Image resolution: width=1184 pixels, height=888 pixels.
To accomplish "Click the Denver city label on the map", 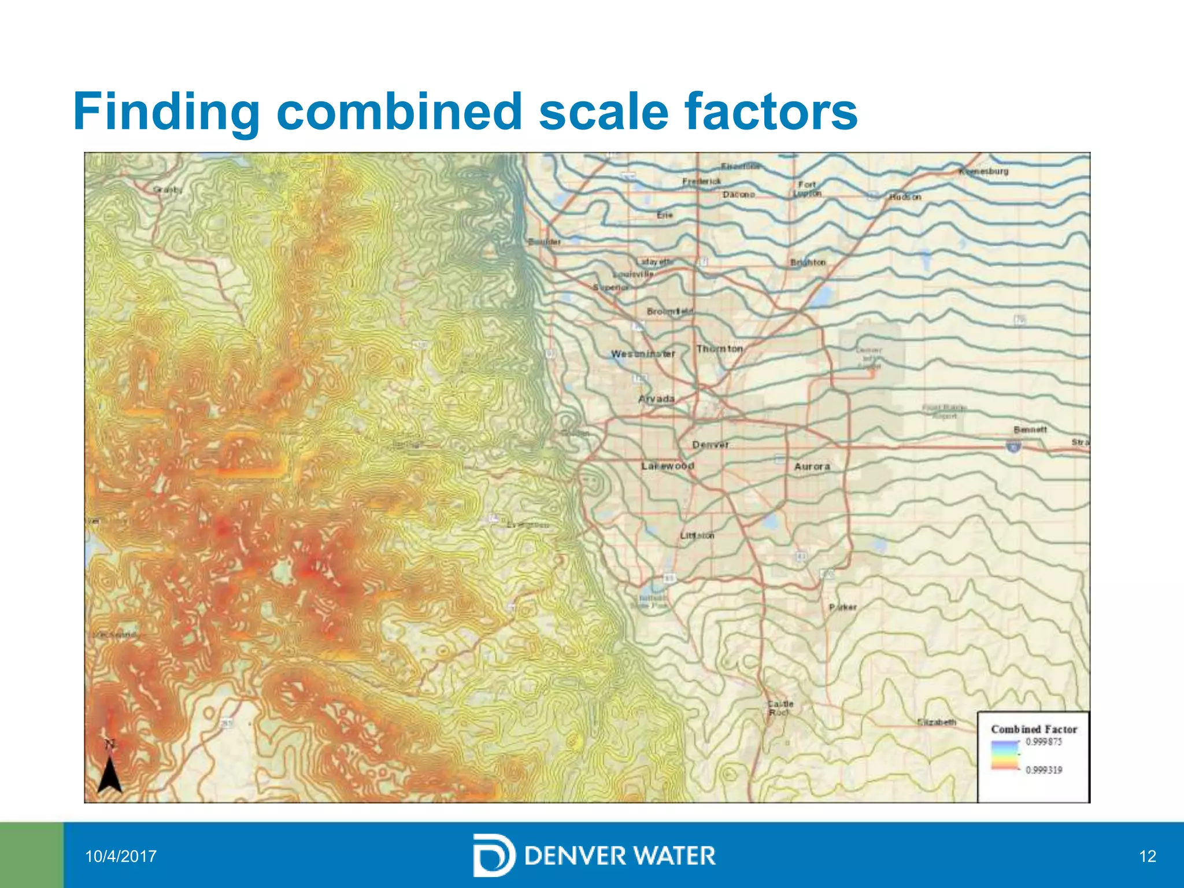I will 711,445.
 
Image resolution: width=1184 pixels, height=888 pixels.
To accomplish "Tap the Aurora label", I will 812,467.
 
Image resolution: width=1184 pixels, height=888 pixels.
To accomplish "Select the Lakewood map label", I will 668,466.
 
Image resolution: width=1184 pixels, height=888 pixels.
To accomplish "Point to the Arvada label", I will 657,399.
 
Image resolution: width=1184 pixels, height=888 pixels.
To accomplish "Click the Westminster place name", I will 643,354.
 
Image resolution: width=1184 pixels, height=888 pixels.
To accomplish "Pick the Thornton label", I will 719,349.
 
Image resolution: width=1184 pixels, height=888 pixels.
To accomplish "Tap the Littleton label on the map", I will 697,536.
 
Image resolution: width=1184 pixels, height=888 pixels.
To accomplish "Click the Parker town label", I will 842,608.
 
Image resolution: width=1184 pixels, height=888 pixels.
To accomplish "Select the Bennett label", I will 1030,430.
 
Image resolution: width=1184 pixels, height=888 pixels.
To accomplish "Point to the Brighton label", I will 808,262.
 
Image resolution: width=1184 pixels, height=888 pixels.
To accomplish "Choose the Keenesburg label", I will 984,171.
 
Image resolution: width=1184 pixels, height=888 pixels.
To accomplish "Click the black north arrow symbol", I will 110,775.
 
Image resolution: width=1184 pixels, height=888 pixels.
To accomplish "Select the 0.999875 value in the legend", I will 1044,742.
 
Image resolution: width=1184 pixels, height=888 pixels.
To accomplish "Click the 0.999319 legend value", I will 1044,770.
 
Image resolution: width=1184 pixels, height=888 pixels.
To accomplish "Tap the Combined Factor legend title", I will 1034,730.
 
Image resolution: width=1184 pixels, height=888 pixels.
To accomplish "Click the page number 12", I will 1148,856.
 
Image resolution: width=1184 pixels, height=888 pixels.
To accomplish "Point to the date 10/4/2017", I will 121,856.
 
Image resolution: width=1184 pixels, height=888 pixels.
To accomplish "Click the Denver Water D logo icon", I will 493,856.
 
